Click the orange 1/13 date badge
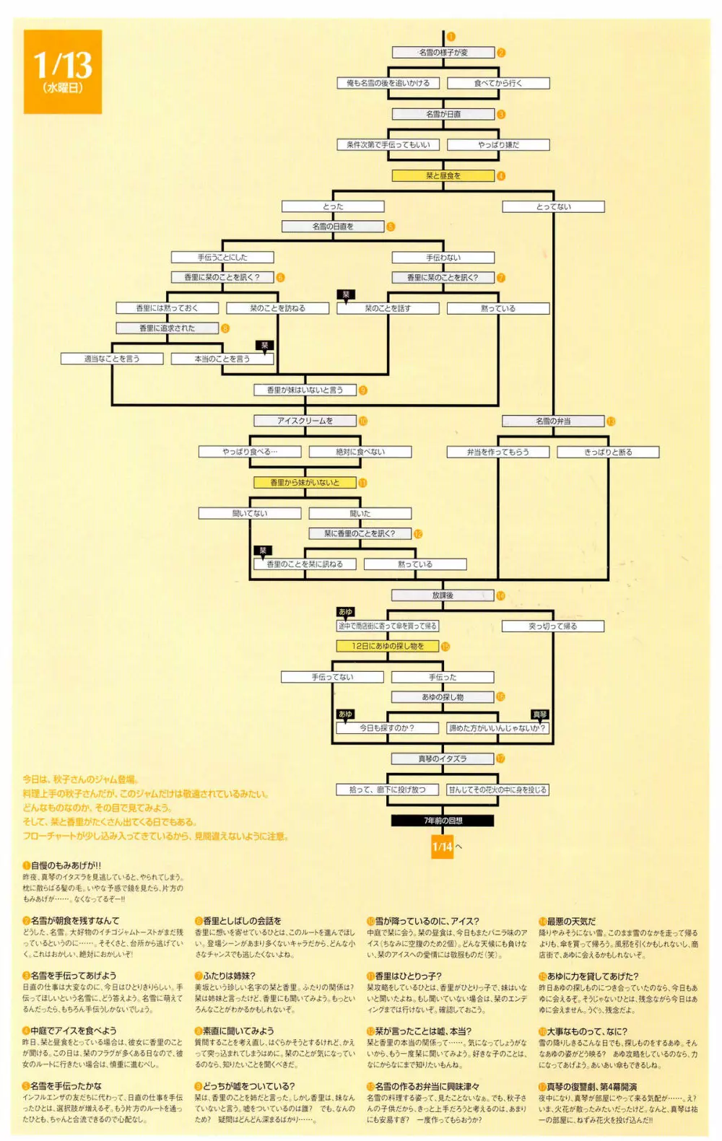(63, 71)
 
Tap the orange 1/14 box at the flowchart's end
(443, 847)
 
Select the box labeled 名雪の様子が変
(443, 53)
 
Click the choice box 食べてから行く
(498, 84)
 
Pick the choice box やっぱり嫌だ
(498, 145)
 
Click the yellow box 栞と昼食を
(443, 176)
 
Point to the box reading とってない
(553, 207)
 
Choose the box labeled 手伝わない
(443, 258)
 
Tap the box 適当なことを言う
(112, 359)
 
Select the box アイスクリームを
(305, 421)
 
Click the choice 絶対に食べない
(360, 452)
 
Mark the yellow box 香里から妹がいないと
(305, 483)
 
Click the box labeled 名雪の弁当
(553, 421)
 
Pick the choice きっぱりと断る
(608, 453)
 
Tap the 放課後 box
(443, 596)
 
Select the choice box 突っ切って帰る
(553, 626)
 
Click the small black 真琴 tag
(540, 714)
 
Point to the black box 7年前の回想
(443, 821)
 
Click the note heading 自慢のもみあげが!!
(66, 865)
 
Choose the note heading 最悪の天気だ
(571, 922)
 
